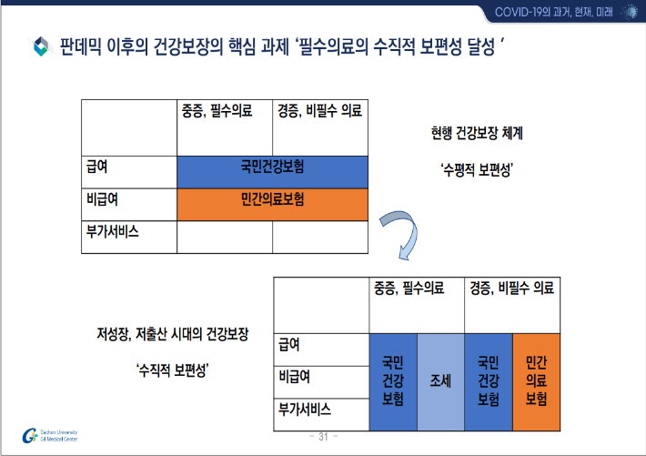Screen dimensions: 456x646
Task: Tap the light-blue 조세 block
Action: point(440,382)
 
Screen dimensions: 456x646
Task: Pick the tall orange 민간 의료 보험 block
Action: point(537,382)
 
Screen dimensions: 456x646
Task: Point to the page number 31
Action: point(323,437)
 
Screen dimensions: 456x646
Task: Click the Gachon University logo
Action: point(33,435)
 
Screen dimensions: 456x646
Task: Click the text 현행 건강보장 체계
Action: point(477,132)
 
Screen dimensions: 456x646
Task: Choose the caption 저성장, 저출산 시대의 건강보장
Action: point(173,331)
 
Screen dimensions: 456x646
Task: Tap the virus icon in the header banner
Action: point(628,10)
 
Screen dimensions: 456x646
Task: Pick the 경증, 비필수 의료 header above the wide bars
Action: point(319,111)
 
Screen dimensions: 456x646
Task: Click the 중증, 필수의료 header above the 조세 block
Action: point(409,289)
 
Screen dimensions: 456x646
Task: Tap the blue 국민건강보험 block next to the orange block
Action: point(489,382)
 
